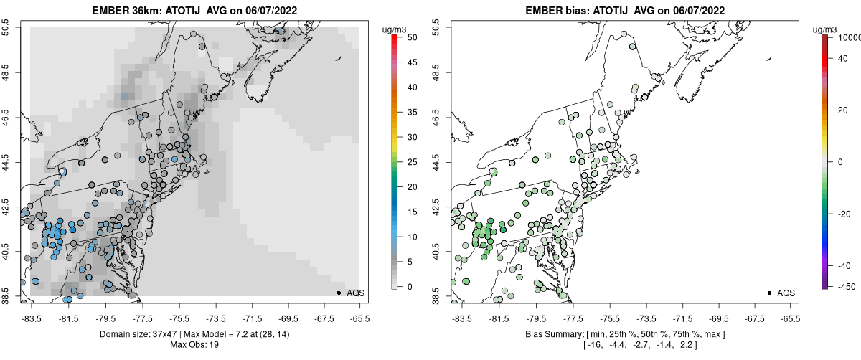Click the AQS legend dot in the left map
coord(339,293)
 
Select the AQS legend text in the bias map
coord(786,293)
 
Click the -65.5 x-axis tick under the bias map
coord(789,318)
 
